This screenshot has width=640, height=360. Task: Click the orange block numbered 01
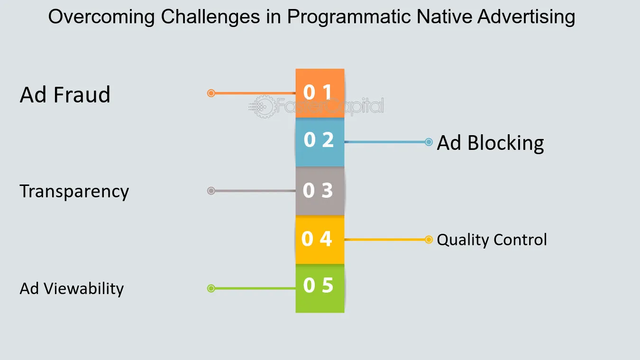point(320,93)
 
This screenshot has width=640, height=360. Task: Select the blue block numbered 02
point(320,142)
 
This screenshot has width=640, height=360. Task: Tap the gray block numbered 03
point(320,191)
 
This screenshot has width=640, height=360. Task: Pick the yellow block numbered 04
point(320,240)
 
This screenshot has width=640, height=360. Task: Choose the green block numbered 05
point(320,288)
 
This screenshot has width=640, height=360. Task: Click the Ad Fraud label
point(65,94)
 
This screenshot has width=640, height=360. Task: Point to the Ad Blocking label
point(490,143)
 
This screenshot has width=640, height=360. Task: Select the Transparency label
point(74,192)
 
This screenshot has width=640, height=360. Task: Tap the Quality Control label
point(492,240)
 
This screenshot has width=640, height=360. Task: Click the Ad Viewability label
point(72,288)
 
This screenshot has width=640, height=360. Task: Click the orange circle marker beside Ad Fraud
point(211,93)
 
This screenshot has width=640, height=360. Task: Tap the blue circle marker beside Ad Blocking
point(429,142)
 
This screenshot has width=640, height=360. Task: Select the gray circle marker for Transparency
point(211,191)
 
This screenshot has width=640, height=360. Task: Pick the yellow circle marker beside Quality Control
point(429,240)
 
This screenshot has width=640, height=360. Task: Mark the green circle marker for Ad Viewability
point(211,288)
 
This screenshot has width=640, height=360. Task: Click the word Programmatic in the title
point(349,17)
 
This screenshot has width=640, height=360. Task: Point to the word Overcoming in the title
point(101,17)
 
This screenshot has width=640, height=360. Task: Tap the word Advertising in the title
point(526,17)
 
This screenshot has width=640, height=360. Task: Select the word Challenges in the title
point(210,17)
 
